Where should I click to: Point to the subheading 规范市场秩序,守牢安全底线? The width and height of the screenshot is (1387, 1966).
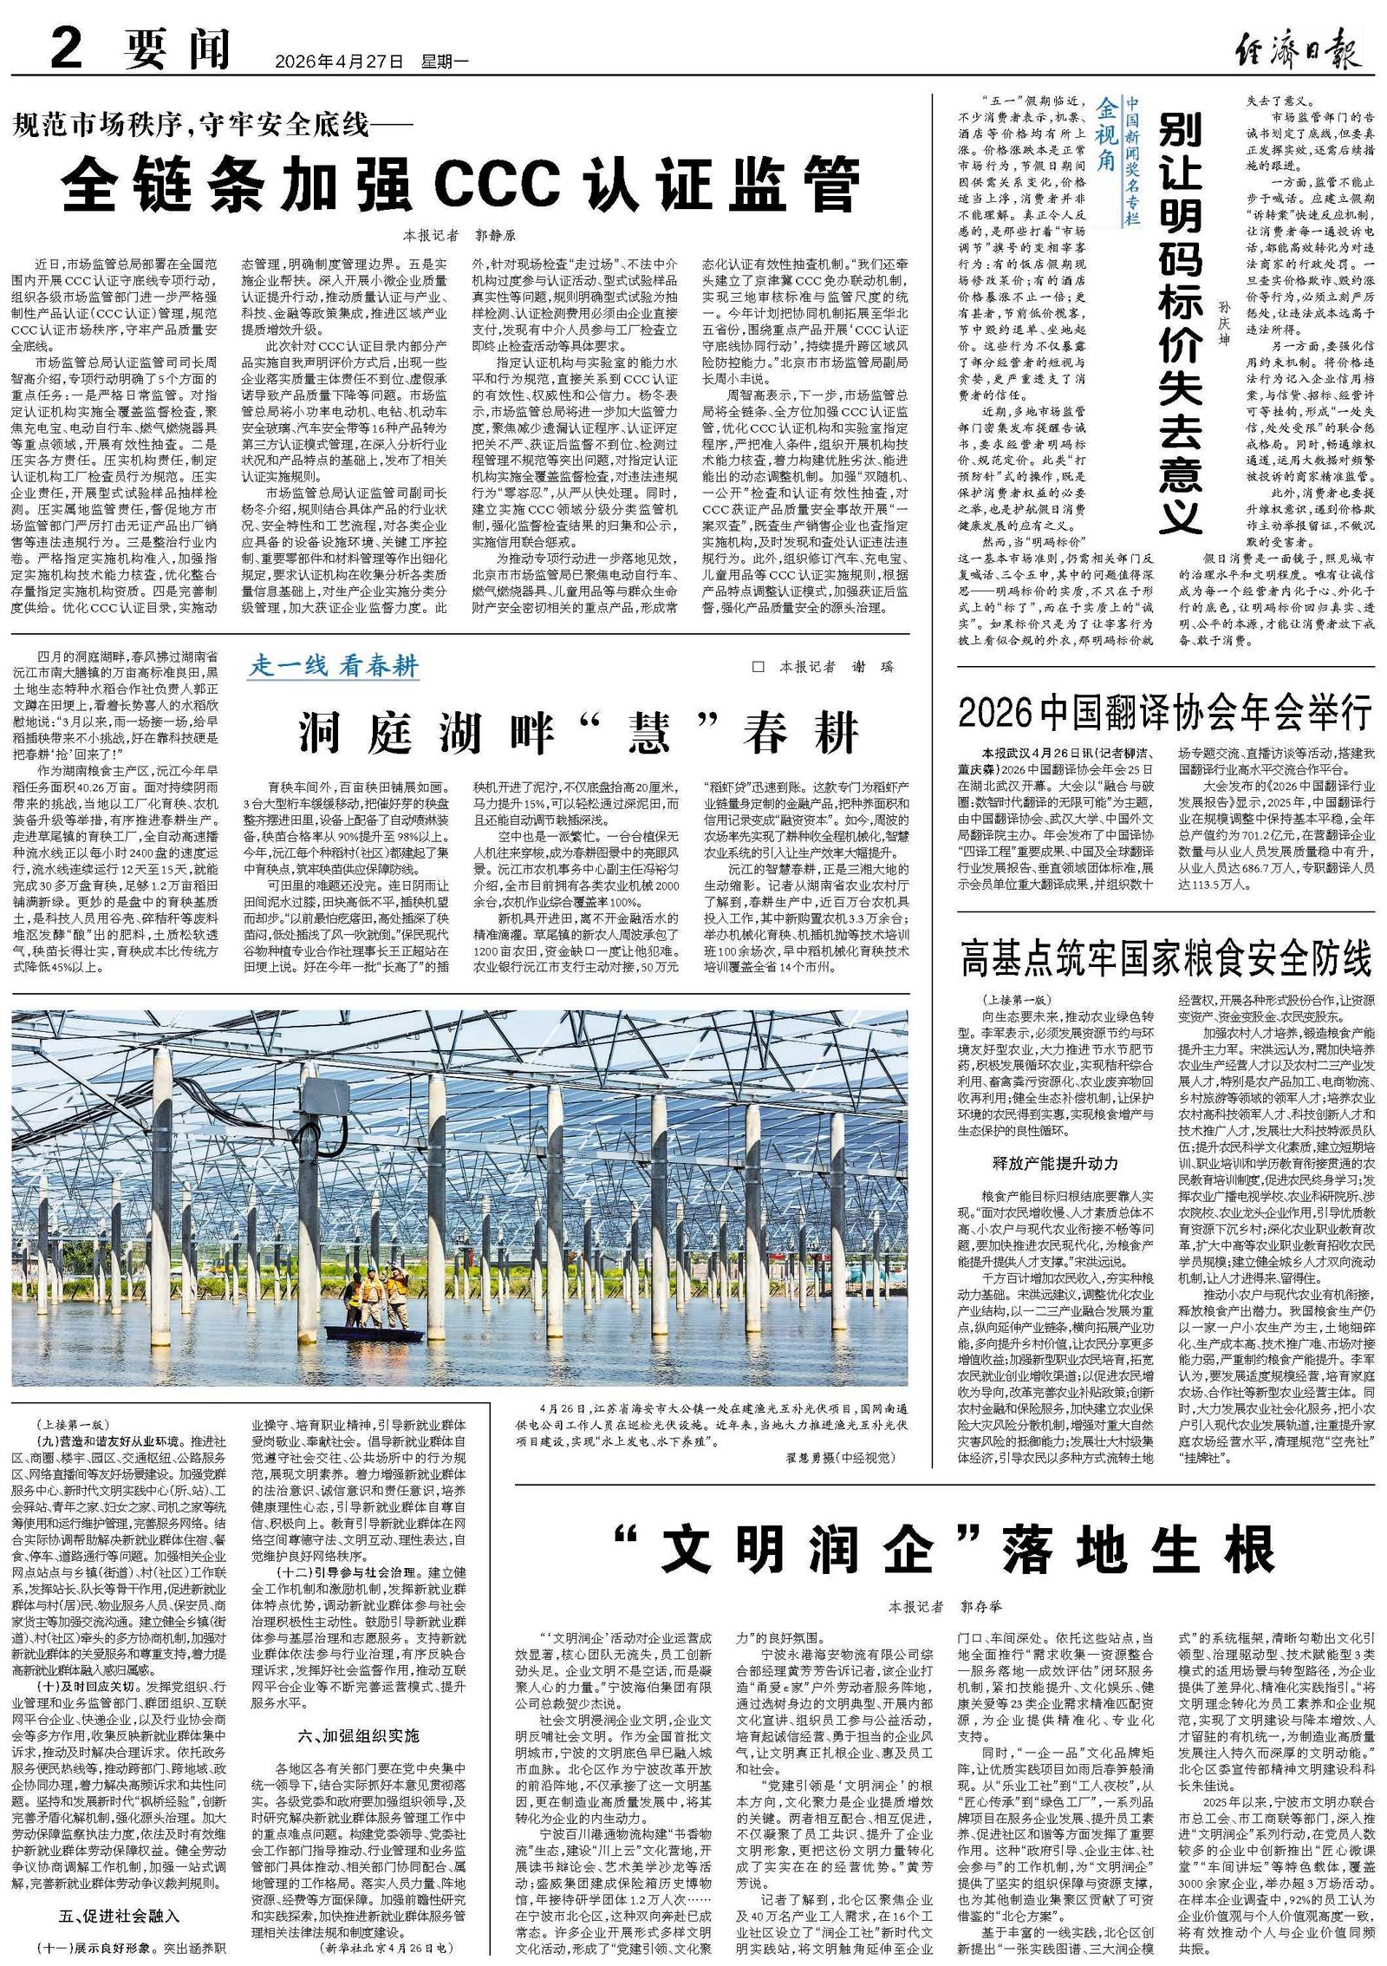point(212,127)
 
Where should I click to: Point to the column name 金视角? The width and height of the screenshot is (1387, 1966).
point(1107,130)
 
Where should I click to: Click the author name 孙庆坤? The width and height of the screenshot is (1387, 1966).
point(1223,321)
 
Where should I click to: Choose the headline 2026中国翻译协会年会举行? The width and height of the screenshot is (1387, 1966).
point(1165,714)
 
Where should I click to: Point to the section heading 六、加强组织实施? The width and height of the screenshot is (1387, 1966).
point(358,1710)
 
